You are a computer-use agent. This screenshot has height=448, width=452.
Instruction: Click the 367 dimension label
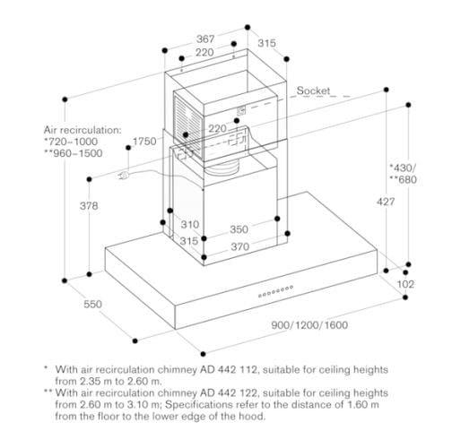pos(205,39)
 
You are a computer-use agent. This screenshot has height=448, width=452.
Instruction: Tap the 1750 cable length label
pos(144,142)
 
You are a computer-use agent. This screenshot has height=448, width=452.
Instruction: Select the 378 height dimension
pos(89,206)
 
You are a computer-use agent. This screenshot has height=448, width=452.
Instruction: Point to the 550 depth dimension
pos(93,304)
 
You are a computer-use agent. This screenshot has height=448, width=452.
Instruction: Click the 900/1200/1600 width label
pos(309,325)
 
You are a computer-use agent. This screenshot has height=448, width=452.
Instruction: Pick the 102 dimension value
pos(405,284)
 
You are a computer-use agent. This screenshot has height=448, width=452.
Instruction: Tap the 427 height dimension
pos(386,202)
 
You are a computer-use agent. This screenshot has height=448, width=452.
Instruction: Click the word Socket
pos(313,90)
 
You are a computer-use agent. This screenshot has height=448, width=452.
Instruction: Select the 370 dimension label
pos(240,246)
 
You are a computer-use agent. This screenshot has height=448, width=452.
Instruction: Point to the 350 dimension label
pos(239,229)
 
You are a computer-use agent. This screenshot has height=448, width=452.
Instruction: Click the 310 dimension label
pos(190,224)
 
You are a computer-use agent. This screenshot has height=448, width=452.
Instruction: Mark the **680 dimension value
pos(403,179)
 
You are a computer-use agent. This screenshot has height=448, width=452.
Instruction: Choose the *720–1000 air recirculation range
pos(71,142)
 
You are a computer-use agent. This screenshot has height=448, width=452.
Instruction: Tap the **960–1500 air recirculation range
pos(74,153)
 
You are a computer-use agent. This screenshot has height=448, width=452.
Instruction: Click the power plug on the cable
pos(123,176)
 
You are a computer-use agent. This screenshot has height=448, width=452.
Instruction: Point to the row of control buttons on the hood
pos(275,291)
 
